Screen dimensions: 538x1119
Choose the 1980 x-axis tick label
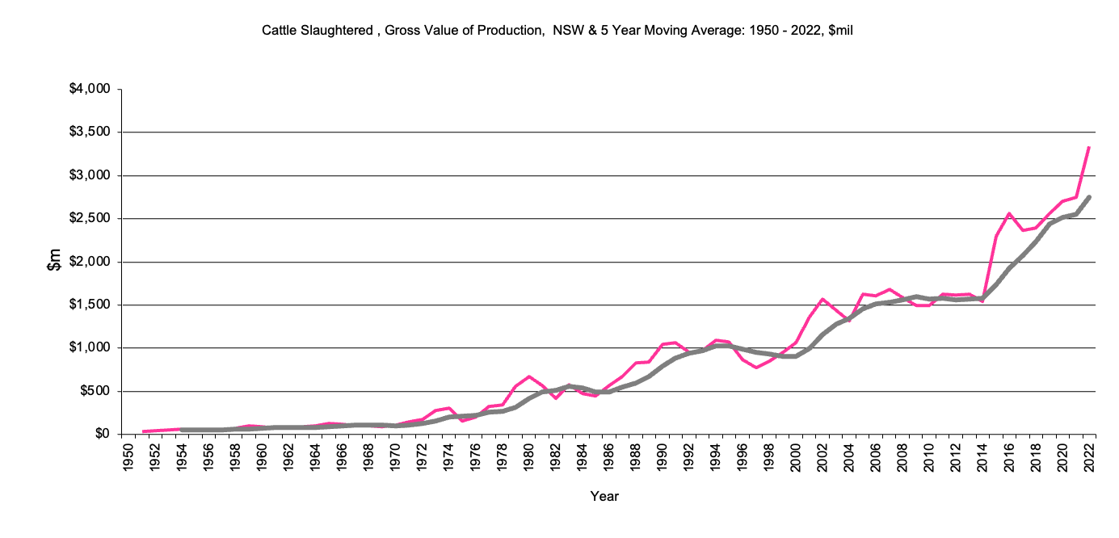(x=529, y=456)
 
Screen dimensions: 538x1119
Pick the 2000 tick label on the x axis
(x=796, y=456)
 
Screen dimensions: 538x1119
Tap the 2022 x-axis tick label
(x=1089, y=456)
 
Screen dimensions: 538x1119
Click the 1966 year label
(x=343, y=456)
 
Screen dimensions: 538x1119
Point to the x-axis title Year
(x=604, y=496)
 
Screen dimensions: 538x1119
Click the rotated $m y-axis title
(x=54, y=260)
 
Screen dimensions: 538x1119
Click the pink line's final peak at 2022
(x=1089, y=148)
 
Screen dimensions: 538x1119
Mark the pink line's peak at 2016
(x=1009, y=213)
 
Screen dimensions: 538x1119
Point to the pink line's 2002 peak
(x=822, y=299)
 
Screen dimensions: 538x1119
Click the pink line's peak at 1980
(x=529, y=376)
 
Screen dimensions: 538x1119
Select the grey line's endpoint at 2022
(x=1089, y=197)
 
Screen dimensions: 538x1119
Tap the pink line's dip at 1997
(x=756, y=368)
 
